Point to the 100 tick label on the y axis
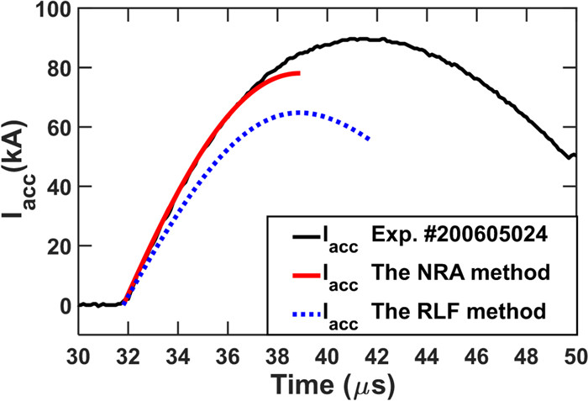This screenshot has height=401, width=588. click(x=56, y=10)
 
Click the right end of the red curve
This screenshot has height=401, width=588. click(x=299, y=73)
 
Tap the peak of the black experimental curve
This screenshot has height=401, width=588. click(x=357, y=39)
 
